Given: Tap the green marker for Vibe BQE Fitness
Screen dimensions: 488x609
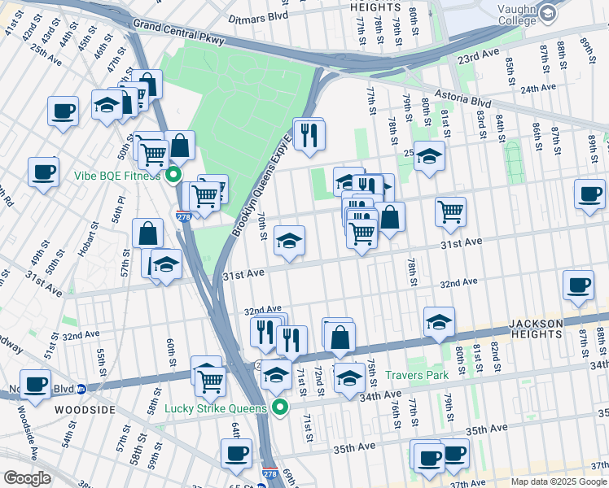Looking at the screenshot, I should tap(173, 176).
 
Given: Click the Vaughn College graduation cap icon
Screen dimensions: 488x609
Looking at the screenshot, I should tap(548, 12).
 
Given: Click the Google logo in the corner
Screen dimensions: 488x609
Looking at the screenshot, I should tap(27, 478).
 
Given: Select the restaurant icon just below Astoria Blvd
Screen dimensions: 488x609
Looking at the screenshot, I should tap(309, 133).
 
